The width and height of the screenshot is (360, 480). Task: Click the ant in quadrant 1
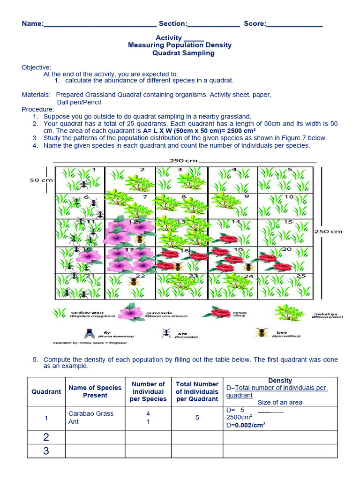pos(83,184)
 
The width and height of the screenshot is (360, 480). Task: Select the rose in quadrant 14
pos(229,240)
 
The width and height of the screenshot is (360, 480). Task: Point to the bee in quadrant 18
pos(178,267)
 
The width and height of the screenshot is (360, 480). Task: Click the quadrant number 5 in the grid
pos(290,170)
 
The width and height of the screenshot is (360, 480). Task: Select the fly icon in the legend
pos(90,333)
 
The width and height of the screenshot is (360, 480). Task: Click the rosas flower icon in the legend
pos(220,313)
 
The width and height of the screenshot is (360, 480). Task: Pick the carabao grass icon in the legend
pos(60,313)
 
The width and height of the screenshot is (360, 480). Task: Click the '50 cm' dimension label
pos(41,180)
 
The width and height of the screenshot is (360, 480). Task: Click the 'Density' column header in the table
pos(280,381)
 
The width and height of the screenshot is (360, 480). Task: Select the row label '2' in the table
pos(46,437)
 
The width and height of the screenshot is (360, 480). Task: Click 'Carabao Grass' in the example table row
pos(91,413)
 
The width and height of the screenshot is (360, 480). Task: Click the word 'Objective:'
pos(37,67)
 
